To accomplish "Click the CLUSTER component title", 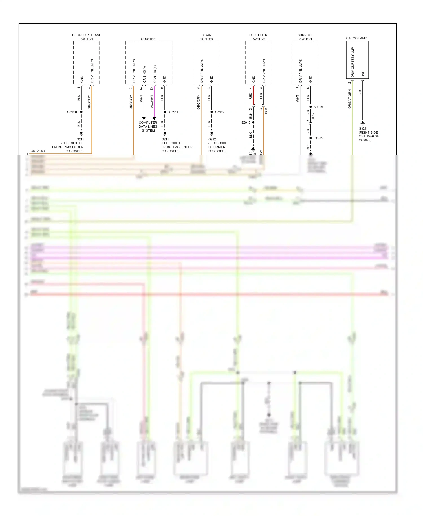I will (148, 39).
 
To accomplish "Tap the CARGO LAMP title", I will (356, 38).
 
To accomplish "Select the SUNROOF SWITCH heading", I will (305, 37).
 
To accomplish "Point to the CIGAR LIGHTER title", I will (206, 37).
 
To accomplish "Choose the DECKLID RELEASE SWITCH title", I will (87, 37).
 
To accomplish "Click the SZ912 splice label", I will (220, 112).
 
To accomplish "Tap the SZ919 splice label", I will (246, 123).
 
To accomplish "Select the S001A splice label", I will (318, 107).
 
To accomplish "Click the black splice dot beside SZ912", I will (211, 112).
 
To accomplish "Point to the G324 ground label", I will (362, 128).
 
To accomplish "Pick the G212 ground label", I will (212, 139).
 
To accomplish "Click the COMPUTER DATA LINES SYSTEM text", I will (148, 126).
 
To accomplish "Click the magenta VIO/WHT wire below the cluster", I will (154, 102).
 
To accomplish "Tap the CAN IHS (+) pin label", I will (155, 74).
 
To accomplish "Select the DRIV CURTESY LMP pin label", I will (352, 62).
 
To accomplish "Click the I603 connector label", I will (266, 111).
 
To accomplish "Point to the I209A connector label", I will (313, 117).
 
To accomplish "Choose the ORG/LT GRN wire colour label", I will (350, 99).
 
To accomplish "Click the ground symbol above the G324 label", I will (363, 123).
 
